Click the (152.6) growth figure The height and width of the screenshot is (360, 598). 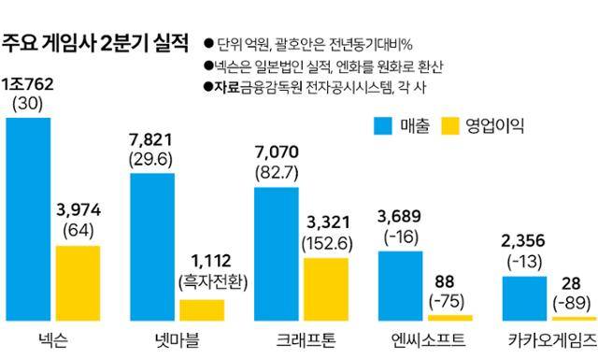point(325,242)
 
